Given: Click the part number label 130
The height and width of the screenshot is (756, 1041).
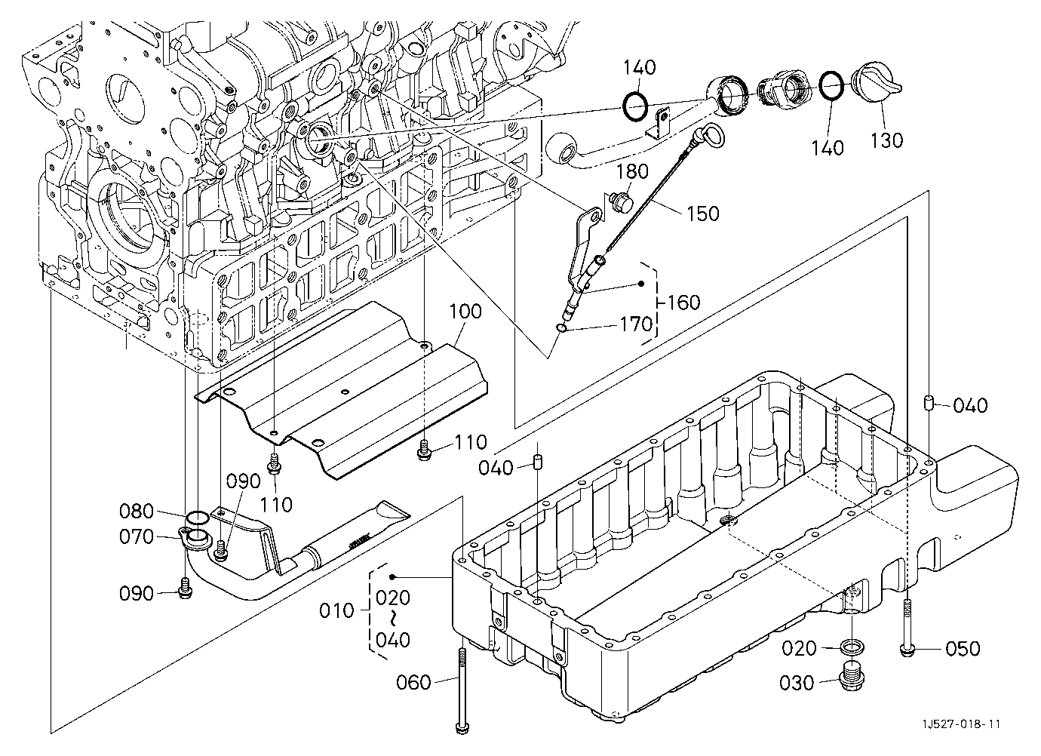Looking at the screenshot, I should click(886, 140).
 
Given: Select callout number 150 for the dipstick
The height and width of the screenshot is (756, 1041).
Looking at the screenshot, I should click(702, 214).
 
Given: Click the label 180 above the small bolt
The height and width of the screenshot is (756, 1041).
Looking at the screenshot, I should click(632, 171).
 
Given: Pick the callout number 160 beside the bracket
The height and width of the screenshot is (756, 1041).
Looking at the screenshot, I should click(683, 303).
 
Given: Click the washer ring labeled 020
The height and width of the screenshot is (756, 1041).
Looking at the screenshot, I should click(852, 647).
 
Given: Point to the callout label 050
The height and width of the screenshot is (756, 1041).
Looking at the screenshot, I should click(963, 649).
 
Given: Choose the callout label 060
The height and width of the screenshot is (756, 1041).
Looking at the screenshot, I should click(414, 683).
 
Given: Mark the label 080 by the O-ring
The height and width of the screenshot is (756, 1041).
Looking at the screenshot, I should click(137, 512).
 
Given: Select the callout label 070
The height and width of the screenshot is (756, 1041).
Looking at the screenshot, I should click(137, 536).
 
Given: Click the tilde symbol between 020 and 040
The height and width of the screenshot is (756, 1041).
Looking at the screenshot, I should click(393, 619).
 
